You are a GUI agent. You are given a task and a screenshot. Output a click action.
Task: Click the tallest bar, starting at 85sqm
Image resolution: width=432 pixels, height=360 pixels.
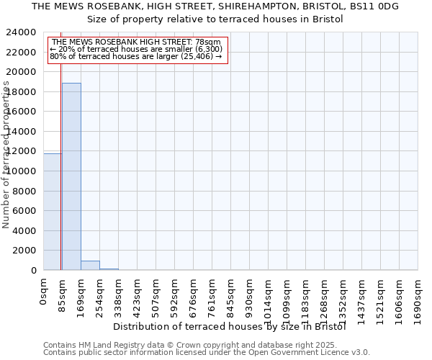pyautogui.click(x=71, y=176)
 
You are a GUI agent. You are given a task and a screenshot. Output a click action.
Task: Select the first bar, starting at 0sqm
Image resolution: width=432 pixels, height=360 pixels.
pyautogui.click(x=53, y=212)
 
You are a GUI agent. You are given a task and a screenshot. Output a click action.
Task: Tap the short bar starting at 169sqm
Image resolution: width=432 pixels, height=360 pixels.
pyautogui.click(x=90, y=265)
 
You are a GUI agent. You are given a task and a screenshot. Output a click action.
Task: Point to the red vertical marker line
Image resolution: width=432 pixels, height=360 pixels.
pyautogui.click(x=60, y=144)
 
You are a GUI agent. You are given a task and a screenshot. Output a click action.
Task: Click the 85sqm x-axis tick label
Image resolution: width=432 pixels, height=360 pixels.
pyautogui.click(x=63, y=294)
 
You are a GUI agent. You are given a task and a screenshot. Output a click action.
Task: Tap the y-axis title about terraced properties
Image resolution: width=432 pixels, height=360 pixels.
pyautogui.click(x=6, y=155)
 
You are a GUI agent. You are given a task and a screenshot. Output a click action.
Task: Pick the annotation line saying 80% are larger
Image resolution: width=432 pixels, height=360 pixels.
pyautogui.click(x=136, y=57)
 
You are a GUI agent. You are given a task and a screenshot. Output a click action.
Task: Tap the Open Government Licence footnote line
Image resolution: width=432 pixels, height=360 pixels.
pyautogui.click(x=207, y=353)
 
